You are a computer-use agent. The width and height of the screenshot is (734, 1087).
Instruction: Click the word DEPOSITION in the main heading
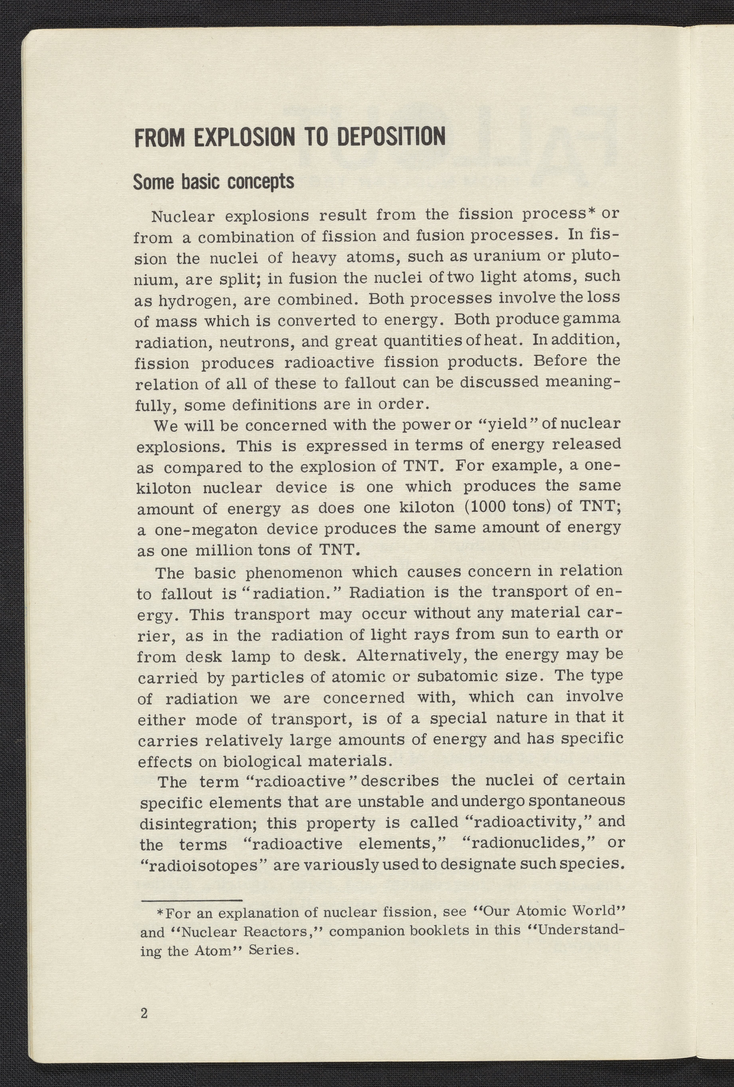tap(390, 137)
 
